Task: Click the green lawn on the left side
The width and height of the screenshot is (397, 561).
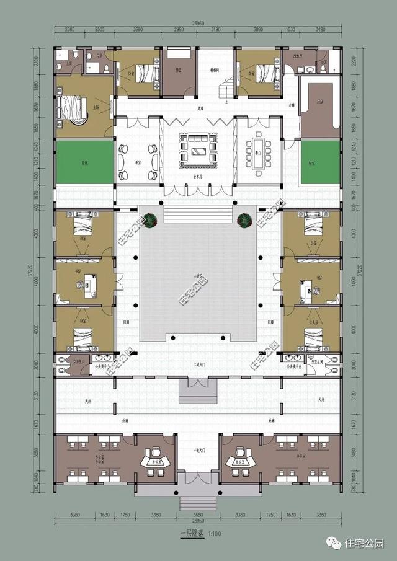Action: [x=84, y=163]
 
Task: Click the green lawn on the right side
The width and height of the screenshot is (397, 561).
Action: [x=321, y=163]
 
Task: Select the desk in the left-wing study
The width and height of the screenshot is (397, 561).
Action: [x=86, y=285]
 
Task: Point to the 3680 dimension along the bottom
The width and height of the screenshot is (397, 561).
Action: [x=198, y=515]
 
